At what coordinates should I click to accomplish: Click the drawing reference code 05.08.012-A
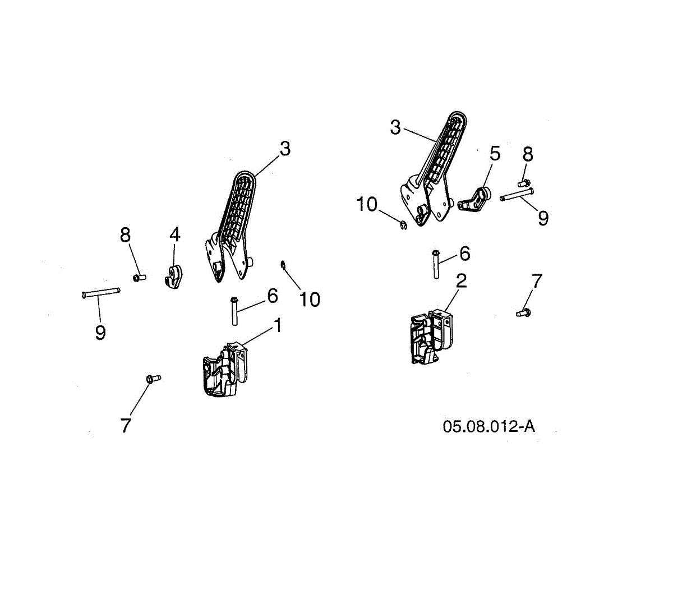coord(488,426)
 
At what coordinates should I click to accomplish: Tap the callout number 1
coord(278,325)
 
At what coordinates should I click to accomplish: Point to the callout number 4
coord(175,235)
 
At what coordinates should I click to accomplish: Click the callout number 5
coord(495,154)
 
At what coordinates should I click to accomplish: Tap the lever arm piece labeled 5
coord(474,201)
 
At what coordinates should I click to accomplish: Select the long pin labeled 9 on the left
coord(101,292)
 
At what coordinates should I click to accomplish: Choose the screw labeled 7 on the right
coord(523,313)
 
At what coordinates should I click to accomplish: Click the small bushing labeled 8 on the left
coord(139,277)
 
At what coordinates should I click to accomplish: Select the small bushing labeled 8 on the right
coord(524,182)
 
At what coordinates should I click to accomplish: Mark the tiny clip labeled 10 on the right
coord(403,225)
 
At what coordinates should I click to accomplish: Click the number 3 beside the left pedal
coord(285,149)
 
